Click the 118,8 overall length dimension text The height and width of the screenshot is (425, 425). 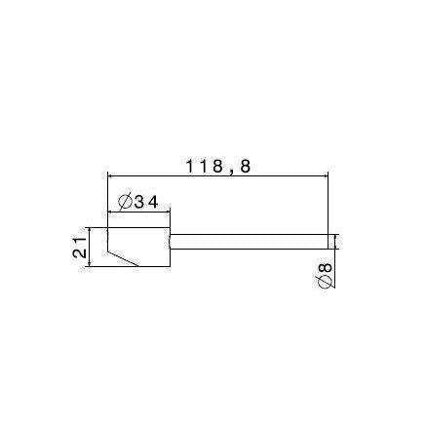coord(218,167)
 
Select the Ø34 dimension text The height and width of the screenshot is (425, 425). coord(138,203)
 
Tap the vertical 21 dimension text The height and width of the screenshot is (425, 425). coord(80,248)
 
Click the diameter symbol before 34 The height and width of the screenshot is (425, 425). coord(125,203)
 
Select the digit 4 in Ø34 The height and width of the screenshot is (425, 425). coord(152,203)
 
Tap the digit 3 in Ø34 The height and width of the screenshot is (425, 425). coord(138,203)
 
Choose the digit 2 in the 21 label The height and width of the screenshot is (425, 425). coord(80,252)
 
